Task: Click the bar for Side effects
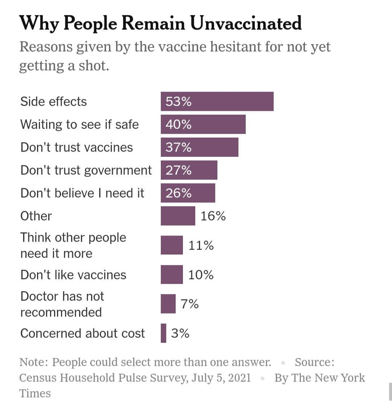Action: pos(217,101)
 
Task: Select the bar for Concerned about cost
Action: pos(164,333)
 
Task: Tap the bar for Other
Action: pos(178,216)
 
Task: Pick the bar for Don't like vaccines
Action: pos(172,275)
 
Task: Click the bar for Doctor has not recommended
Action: pos(168,304)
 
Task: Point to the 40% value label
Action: pos(179,125)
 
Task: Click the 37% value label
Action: pos(179,148)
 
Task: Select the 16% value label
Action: pos(213,216)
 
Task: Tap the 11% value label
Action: pos(201,246)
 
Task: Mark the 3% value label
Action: pos(180,333)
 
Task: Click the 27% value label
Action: pos(179,170)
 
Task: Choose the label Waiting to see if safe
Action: pos(79,125)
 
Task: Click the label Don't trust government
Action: pos(86,170)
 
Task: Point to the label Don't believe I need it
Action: pos(82,193)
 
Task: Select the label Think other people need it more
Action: pos(73,246)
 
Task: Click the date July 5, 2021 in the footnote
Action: pos(221,378)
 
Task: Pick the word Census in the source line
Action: pos(38,378)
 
